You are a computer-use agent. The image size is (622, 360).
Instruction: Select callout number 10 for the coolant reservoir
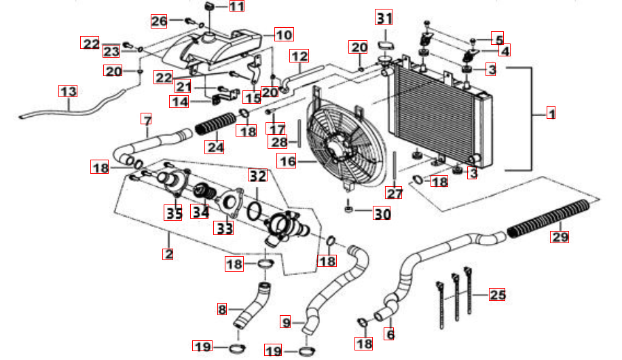tap(283, 34)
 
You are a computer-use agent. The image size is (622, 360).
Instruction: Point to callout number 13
tap(68, 91)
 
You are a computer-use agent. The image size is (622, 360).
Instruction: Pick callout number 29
tap(560, 237)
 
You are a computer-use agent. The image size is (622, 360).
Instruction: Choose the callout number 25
tap(498, 295)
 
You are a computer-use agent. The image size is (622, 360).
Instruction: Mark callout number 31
tap(385, 17)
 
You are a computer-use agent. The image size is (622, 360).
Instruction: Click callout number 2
tap(168, 255)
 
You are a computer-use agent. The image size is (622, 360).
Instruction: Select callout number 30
tap(382, 214)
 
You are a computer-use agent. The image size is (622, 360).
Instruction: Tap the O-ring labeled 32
tap(255, 209)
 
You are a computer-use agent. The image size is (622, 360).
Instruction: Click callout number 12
tap(299, 55)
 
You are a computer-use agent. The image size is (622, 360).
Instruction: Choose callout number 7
tap(146, 120)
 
